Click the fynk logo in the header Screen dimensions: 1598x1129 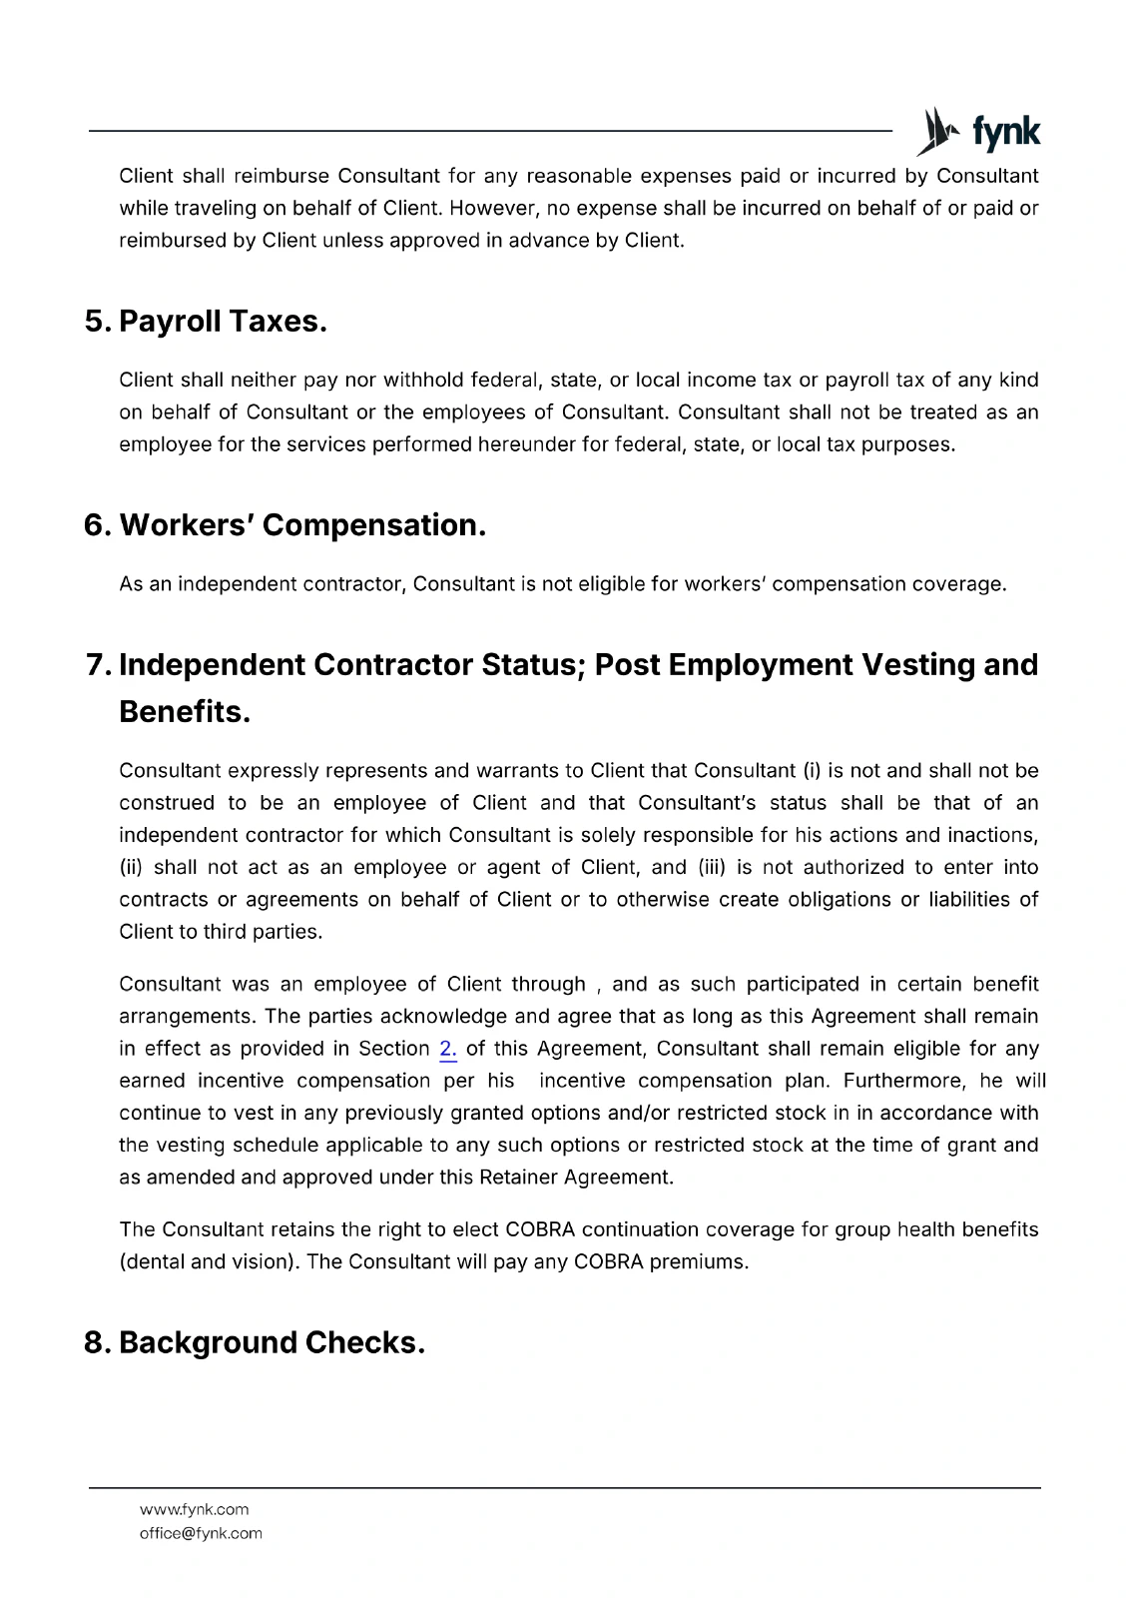979,132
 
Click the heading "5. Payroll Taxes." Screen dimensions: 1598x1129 206,322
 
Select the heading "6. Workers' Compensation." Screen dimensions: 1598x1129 284,525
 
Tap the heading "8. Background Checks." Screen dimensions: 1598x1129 255,1342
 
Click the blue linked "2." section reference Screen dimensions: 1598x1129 447,1049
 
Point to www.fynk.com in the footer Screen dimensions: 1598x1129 194,1509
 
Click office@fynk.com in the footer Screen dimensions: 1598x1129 200,1533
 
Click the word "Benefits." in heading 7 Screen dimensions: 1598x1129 184,712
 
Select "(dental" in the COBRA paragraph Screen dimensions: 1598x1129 151,1261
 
